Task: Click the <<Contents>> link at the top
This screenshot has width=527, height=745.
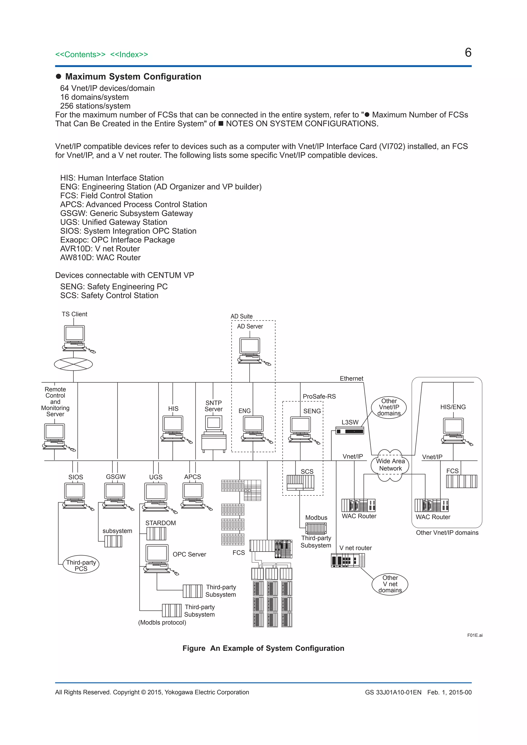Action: tap(80, 55)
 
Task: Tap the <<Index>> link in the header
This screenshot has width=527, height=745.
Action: tap(129, 55)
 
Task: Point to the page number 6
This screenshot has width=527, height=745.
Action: tap(468, 52)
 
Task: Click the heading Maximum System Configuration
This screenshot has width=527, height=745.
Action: tap(133, 77)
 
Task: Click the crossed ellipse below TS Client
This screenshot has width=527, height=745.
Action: tap(73, 364)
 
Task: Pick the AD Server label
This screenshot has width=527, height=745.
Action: tap(250, 326)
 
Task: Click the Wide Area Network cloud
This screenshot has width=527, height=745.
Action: tap(390, 465)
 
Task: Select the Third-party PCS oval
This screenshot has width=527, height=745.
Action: tap(81, 565)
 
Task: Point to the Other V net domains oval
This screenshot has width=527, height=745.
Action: tap(390, 584)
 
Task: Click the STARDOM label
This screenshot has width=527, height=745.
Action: tap(160, 523)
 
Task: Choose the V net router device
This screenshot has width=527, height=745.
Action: tap(348, 560)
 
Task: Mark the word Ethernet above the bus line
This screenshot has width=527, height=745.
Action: tap(351, 378)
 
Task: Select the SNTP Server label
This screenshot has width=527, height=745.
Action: tap(214, 406)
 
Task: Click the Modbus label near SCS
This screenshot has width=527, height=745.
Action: tap(316, 518)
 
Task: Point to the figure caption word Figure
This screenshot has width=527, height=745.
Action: tap(194, 648)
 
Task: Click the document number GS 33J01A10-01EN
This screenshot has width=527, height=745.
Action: tap(393, 692)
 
